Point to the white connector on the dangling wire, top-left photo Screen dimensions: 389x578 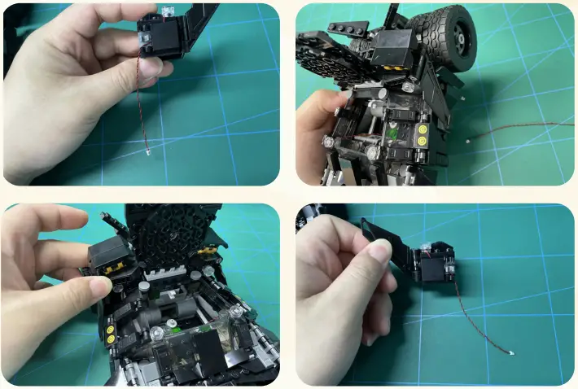[148, 151]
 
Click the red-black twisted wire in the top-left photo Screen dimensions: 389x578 [141, 106]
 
